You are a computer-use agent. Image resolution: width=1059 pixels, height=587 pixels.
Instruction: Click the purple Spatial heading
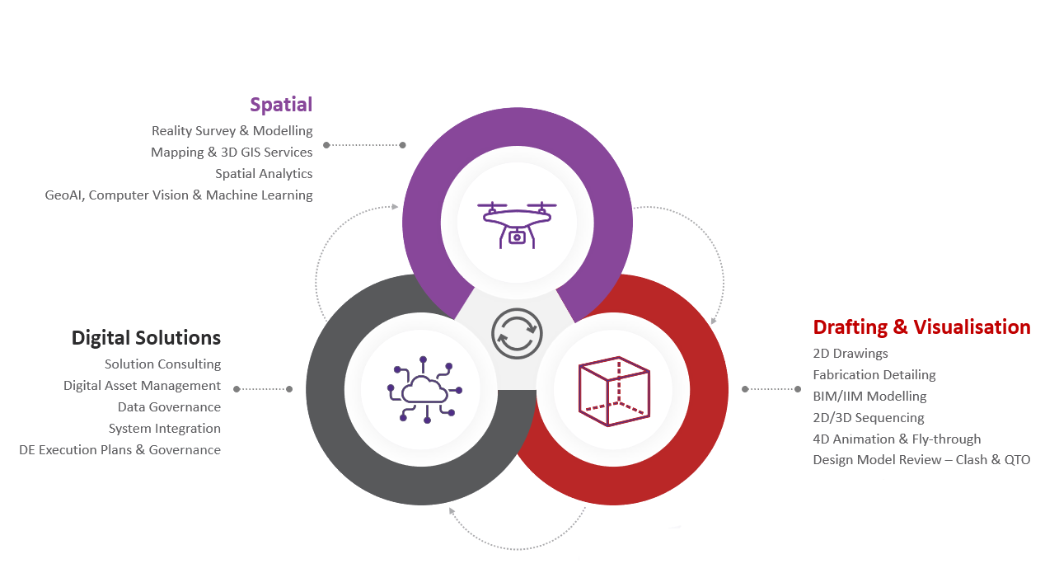281,105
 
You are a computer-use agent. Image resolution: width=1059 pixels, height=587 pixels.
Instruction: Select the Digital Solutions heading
146,338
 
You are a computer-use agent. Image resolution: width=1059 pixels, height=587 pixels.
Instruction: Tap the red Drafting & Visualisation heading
921,326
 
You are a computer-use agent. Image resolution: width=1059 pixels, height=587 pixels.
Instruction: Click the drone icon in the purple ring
517,225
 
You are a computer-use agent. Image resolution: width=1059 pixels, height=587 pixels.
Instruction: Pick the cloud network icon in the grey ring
424,390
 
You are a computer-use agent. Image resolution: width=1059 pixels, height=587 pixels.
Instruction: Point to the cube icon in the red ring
614,391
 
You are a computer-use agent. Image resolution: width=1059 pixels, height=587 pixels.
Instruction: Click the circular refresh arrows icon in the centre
517,333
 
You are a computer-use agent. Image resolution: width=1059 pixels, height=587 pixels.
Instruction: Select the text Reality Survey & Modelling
232,131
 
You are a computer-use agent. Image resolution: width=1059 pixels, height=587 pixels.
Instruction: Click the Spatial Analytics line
264,174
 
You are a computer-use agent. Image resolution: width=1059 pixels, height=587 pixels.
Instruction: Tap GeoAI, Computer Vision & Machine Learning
179,195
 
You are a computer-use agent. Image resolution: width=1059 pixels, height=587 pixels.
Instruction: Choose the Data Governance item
169,406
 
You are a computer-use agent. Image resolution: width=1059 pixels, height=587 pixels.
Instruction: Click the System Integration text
165,429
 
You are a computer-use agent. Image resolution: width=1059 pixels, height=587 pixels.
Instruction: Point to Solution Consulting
162,364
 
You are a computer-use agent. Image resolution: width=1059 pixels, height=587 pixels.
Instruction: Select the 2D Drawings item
850,354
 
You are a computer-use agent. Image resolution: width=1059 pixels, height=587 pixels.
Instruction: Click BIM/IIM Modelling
869,397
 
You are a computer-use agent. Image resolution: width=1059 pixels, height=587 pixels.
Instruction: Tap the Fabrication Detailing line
874,374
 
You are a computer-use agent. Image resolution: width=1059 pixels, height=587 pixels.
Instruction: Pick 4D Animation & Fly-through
897,439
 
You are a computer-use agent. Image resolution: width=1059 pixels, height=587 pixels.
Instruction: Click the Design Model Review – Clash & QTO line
921,460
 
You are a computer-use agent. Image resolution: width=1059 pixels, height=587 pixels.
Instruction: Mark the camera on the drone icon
517,237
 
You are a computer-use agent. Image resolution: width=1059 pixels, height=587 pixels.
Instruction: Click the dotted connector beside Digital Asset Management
263,389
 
